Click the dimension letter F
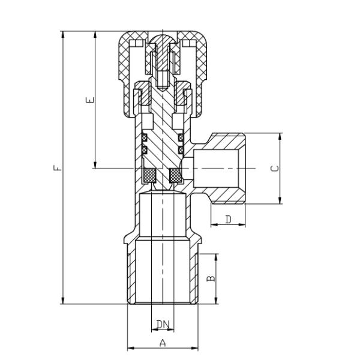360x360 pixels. pos(58,167)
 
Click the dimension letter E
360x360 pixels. pos(90,100)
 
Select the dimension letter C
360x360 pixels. pos(275,169)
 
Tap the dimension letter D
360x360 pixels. pos(228,220)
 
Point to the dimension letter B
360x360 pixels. pos(211,278)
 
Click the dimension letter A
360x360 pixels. pos(163,343)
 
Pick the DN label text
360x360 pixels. pos(163,325)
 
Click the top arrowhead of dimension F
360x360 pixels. pos(63,35)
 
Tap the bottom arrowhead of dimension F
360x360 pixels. pos(63,301)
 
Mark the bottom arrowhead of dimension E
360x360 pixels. pos(95,165)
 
